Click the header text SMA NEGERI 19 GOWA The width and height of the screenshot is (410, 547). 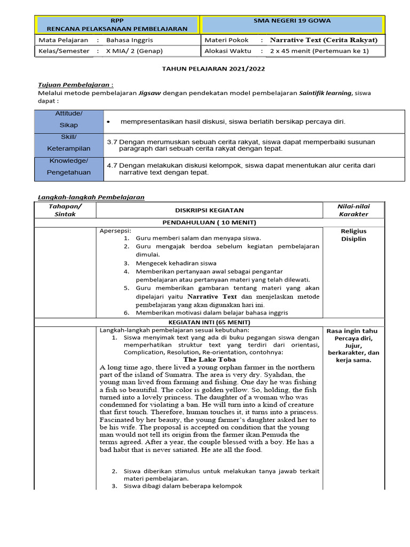point(291,21)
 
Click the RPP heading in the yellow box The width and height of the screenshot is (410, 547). point(116,20)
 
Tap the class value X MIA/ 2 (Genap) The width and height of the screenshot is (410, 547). point(134,51)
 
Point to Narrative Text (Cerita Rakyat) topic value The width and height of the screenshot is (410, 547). point(324,40)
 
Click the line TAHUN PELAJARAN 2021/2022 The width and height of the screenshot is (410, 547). point(213,69)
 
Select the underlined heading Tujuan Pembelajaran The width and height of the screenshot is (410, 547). point(75,85)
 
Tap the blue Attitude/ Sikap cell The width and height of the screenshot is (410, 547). point(69,120)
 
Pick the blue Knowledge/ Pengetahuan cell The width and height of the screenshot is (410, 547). point(69,167)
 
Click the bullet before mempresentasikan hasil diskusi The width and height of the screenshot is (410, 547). point(108,122)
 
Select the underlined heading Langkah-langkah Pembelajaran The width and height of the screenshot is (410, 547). point(91,197)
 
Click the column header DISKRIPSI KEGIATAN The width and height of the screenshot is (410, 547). point(209,210)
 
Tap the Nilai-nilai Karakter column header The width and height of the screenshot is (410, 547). point(353,210)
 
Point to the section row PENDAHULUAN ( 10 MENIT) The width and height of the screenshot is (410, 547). point(209,222)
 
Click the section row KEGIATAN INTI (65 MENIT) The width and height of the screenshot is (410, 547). point(209,322)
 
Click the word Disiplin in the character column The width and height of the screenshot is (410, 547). point(353,239)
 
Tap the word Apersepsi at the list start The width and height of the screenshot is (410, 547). point(115,231)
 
